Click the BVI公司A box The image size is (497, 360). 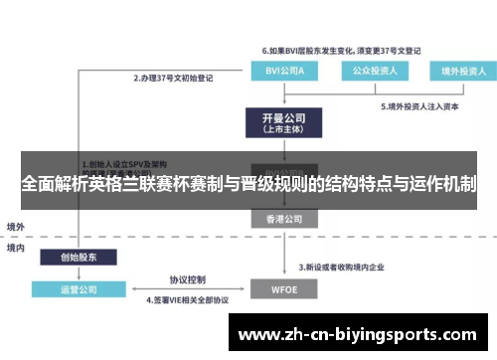tap(279, 71)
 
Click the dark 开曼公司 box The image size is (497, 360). tap(280, 122)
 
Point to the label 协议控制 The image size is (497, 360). tap(187, 278)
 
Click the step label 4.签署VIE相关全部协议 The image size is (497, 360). tap(188, 299)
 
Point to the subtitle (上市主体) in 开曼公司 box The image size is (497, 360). tap(280, 130)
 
